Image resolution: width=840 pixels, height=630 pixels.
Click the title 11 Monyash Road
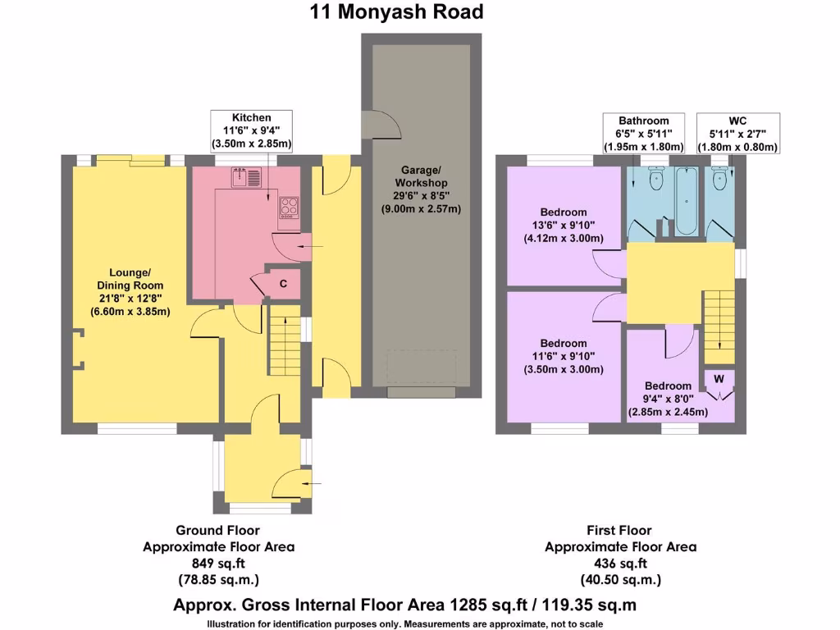point(396,12)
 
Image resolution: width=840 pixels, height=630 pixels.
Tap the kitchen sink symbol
point(246,176)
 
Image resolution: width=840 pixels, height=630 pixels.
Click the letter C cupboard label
point(283,284)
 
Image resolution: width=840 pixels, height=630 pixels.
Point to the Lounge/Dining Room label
point(130,292)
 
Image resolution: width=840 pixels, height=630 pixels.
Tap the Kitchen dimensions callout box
point(251,131)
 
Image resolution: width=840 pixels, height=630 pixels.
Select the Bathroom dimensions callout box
point(643,134)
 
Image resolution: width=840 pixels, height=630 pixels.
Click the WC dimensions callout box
point(737,134)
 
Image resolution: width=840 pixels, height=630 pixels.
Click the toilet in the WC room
point(720,180)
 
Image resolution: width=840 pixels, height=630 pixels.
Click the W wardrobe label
point(719,379)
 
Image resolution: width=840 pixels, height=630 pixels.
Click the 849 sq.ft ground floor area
point(218,563)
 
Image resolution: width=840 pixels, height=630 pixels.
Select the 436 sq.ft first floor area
point(620,563)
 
